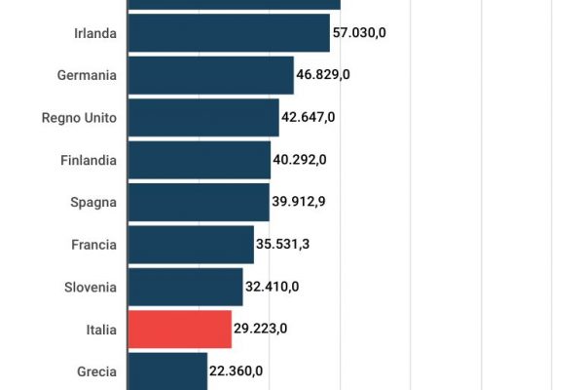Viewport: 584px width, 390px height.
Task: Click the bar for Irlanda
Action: pos(229,33)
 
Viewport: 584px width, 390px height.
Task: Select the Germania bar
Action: pos(210,75)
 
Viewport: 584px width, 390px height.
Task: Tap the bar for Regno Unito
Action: pos(203,117)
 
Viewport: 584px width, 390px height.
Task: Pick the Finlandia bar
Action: pos(200,160)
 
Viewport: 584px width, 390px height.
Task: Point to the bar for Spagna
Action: pos(199,202)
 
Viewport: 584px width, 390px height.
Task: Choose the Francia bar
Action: pos(191,245)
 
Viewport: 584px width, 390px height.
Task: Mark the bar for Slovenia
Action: pos(185,287)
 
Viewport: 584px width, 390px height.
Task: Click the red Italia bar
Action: pos(180,330)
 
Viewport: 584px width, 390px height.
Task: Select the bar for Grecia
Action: pos(167,371)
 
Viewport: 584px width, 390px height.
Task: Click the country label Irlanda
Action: pos(95,33)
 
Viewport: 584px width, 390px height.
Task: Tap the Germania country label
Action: pos(88,75)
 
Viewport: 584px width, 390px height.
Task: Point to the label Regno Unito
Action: pos(79,118)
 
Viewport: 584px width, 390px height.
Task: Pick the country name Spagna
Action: pos(93,202)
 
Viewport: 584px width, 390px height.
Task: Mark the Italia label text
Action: pos(101,330)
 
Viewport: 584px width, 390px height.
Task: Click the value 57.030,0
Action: pos(359,33)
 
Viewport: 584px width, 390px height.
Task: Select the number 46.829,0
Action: pos(324,75)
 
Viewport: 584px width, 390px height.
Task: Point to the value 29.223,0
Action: pos(261,330)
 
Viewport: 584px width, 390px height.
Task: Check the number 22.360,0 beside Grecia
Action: pos(237,371)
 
